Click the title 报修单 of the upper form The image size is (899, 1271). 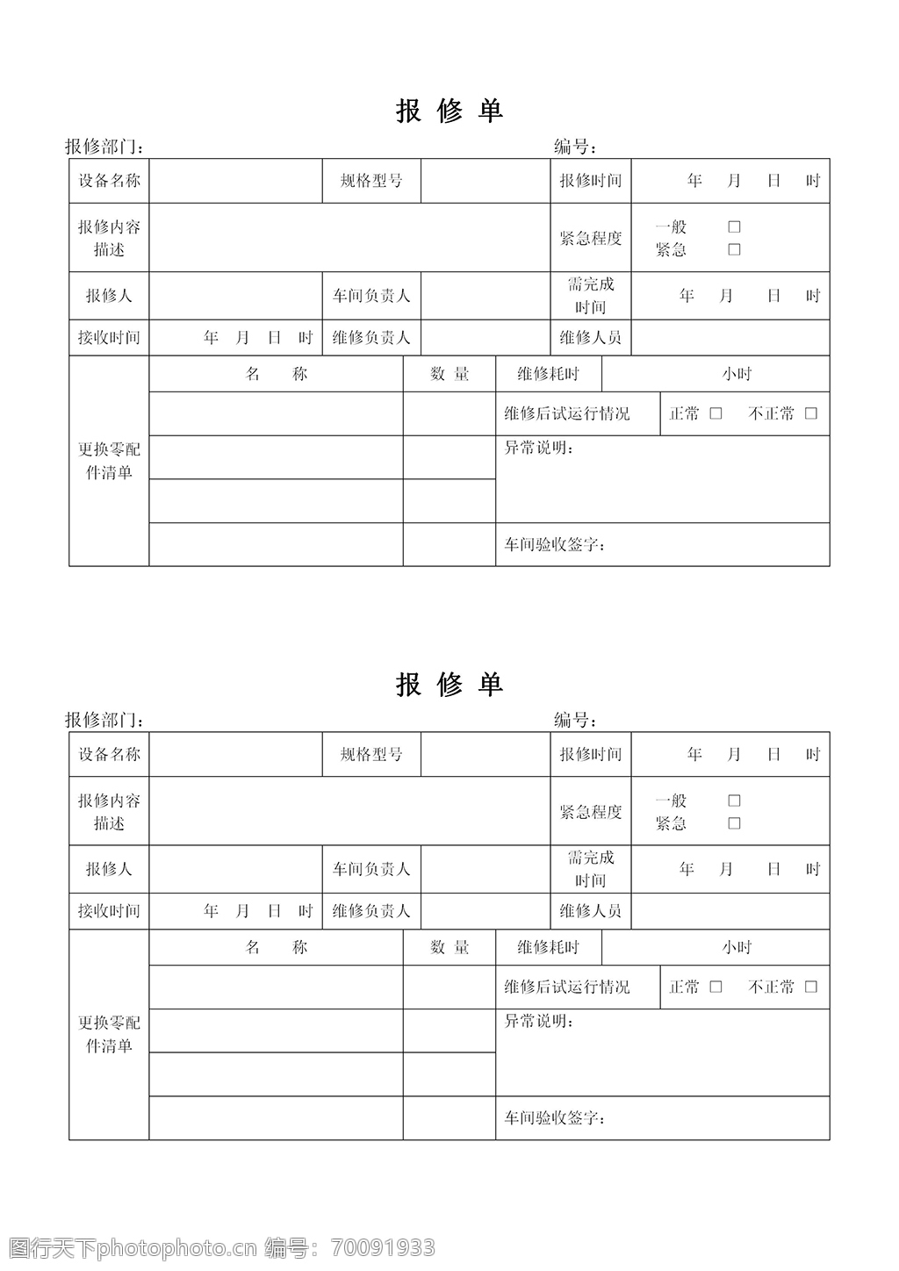449,111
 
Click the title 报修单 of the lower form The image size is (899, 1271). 449,685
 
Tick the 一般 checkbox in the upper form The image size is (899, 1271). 734,226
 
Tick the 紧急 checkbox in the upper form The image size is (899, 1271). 734,249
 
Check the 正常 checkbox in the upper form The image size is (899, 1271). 716,413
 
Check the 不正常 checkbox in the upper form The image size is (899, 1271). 810,413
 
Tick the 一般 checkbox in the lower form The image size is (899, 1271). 734,801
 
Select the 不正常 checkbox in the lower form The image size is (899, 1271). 810,987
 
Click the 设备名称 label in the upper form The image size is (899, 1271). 109,181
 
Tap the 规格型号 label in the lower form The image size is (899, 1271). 371,754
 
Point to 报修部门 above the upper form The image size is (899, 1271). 103,147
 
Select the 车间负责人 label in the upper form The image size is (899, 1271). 371,296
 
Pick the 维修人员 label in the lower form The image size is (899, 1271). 590,911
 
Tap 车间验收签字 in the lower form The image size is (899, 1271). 554,1118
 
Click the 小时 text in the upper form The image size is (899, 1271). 737,374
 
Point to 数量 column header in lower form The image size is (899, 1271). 449,947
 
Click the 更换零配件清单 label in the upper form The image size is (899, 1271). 109,461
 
